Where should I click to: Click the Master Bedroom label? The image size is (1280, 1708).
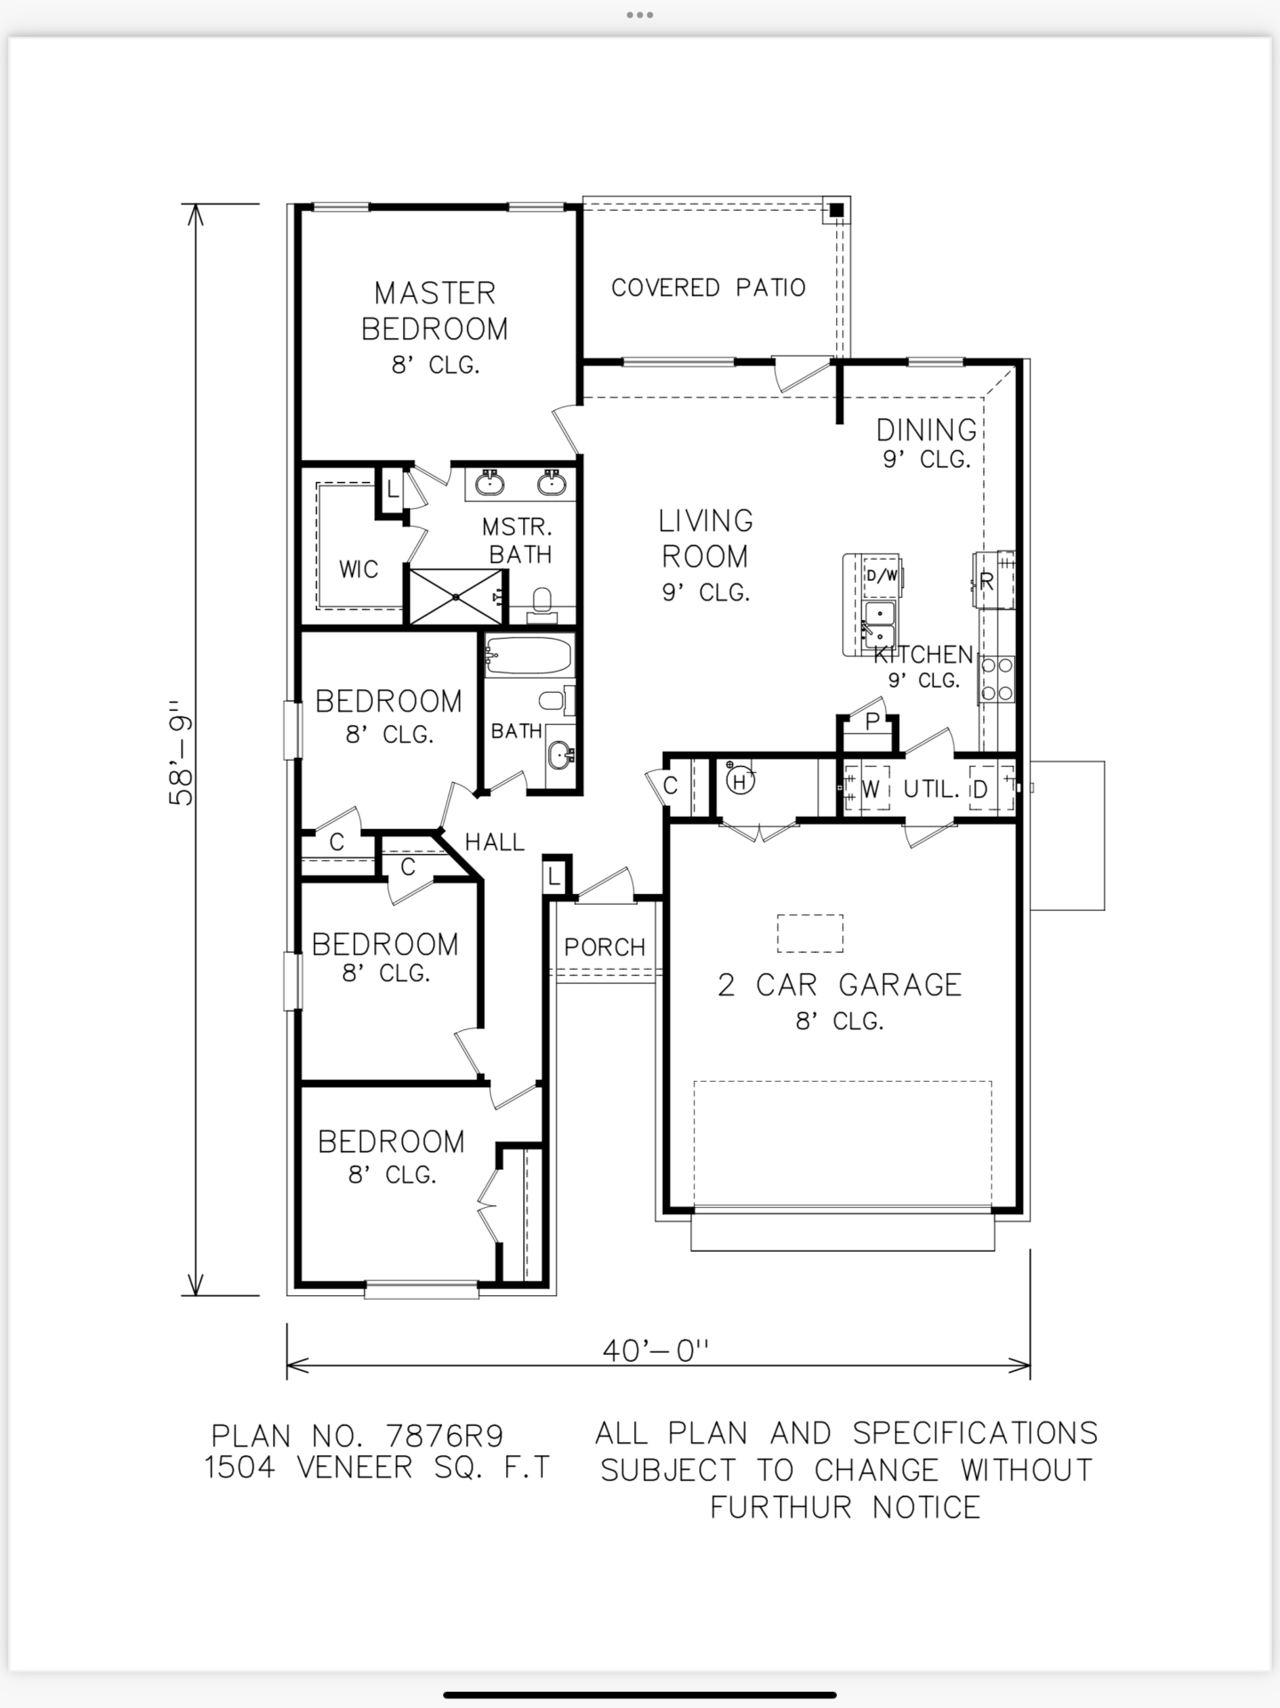click(435, 310)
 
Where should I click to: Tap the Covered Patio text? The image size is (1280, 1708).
click(708, 288)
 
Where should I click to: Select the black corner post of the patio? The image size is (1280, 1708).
click(836, 211)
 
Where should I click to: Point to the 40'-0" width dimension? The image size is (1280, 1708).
click(656, 1350)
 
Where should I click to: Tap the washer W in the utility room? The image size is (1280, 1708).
click(869, 788)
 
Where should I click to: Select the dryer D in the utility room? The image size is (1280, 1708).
click(980, 789)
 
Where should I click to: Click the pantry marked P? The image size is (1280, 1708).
click(872, 721)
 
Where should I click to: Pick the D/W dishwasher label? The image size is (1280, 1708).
click(882, 576)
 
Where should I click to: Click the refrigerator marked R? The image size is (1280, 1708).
click(986, 583)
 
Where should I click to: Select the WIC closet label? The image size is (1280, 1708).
click(358, 569)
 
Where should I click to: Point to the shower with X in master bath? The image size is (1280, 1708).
click(455, 597)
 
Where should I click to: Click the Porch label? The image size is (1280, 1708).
click(605, 947)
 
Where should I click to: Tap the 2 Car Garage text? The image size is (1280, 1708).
click(840, 986)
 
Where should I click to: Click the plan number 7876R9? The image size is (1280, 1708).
click(445, 1436)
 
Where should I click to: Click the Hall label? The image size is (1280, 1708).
click(495, 842)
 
